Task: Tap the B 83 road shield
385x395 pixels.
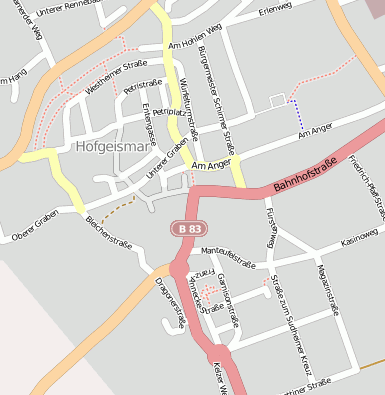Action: coord(183,228)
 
